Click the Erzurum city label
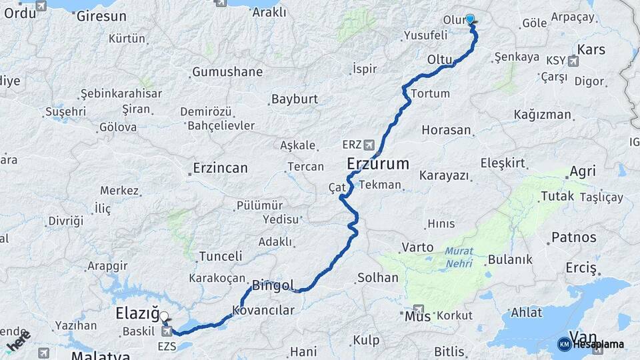377,163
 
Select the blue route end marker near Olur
471,20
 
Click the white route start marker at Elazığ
163,317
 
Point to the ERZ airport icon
379,145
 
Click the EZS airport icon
166,331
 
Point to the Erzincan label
220,168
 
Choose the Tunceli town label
221,256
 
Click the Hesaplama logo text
598,344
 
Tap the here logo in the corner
18,340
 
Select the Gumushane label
227,72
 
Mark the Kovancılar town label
263,310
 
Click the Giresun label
101,16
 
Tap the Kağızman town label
543,115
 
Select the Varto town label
417,247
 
